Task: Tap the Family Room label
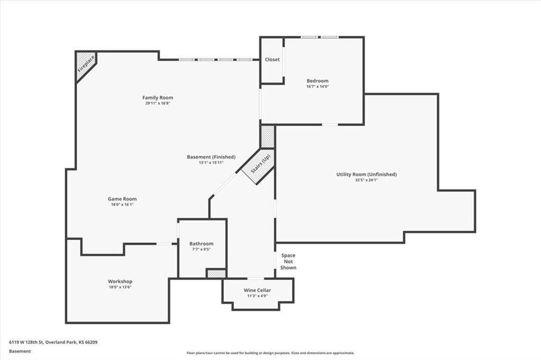click(157, 98)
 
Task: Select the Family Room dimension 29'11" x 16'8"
click(157, 103)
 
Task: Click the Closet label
click(272, 60)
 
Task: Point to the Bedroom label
click(318, 81)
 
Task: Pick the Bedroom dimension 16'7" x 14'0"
click(318, 87)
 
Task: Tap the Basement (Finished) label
click(211, 157)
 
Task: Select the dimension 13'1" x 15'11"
click(211, 163)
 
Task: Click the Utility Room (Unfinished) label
click(366, 174)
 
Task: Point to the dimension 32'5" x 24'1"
click(366, 180)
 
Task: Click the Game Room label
click(122, 199)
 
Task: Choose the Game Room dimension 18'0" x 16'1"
click(122, 205)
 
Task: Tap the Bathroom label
click(201, 243)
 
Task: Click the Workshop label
click(120, 281)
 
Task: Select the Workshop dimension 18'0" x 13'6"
click(120, 287)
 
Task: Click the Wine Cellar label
click(257, 290)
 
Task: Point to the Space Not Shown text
click(288, 261)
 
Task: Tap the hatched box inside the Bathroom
click(216, 273)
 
